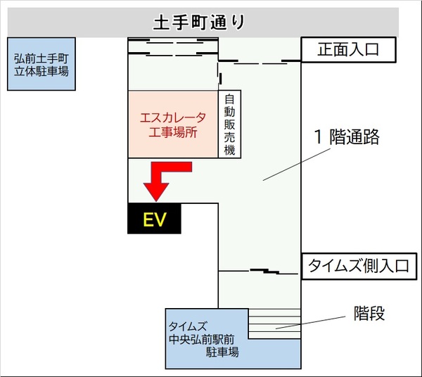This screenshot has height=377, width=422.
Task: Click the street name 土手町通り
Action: pyautogui.click(x=200, y=23)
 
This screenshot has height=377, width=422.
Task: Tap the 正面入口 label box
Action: pyautogui.click(x=349, y=50)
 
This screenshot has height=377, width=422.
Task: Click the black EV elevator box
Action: pyautogui.click(x=154, y=219)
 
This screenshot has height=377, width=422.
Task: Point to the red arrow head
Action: pyautogui.click(x=155, y=191)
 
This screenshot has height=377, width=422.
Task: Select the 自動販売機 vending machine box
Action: pyautogui.click(x=229, y=124)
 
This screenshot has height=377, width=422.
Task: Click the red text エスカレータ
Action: pyautogui.click(x=172, y=117)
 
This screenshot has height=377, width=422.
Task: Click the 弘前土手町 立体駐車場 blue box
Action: pyautogui.click(x=41, y=64)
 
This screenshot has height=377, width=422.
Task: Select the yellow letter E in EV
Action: pyautogui.click(x=148, y=219)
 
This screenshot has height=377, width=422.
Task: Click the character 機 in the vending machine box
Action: pyautogui.click(x=229, y=151)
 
